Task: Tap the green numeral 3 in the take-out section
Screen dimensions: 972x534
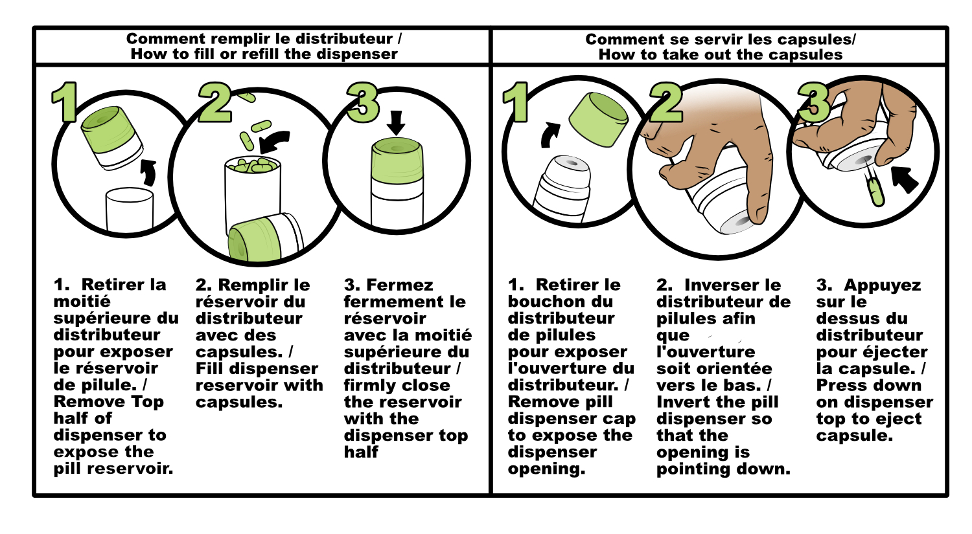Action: pos(814,103)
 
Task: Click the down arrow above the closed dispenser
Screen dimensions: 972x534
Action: pos(396,123)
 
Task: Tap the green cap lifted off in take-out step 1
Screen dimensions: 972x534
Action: pos(598,120)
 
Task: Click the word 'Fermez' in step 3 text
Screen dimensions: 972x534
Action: pos(400,285)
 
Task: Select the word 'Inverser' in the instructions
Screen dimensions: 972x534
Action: pos(732,285)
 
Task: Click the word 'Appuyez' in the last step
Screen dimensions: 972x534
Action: pos(882,286)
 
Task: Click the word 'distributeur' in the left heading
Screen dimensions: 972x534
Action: pos(344,39)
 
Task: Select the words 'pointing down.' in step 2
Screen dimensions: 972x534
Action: pos(723,469)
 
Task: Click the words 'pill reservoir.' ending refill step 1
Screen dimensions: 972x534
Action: pos(113,469)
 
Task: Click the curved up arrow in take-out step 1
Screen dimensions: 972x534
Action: pos(550,135)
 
